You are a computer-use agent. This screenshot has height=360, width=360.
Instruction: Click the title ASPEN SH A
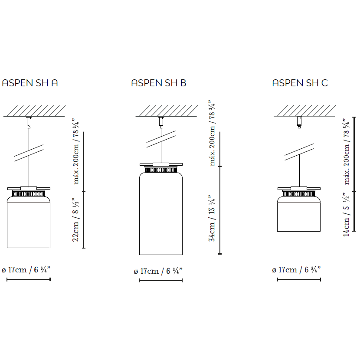coord(30,83)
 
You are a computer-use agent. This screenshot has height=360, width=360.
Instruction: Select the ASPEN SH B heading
coord(159,83)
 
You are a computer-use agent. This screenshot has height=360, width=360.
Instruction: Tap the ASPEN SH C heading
coord(300,83)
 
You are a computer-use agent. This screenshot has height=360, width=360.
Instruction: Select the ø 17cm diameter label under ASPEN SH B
coord(158,271)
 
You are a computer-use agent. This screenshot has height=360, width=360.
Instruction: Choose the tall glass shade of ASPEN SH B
coord(160,215)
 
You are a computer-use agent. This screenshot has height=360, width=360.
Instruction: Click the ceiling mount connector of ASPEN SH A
coord(29,121)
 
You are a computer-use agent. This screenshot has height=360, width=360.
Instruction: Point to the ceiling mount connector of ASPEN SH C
coord(299,121)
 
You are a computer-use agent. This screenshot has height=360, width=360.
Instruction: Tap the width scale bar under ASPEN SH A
coord(29,279)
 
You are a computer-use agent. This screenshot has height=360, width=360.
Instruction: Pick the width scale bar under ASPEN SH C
coord(298,279)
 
